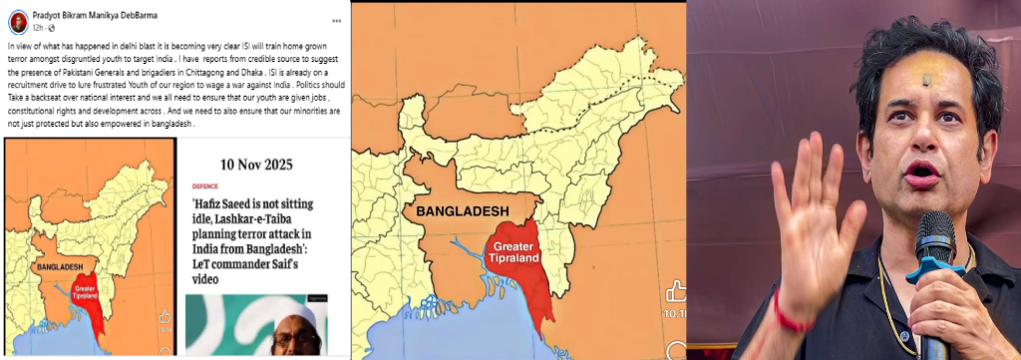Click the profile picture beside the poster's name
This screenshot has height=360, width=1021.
(17, 20)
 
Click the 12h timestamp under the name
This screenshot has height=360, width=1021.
(37, 28)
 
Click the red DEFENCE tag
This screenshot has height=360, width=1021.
(205, 185)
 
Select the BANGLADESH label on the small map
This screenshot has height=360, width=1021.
(59, 267)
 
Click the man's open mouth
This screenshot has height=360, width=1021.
(921, 173)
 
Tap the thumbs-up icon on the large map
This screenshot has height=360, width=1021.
(676, 291)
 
